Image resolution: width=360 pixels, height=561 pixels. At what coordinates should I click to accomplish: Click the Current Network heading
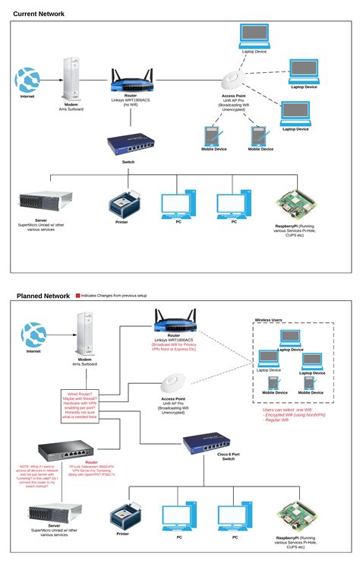pyautogui.click(x=39, y=14)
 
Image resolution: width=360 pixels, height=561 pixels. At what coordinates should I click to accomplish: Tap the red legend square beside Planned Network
pyautogui.click(x=77, y=295)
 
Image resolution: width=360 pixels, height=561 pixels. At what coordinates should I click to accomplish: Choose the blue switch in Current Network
pyautogui.click(x=129, y=143)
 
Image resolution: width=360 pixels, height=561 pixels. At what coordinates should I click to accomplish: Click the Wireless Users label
pyautogui.click(x=268, y=321)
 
